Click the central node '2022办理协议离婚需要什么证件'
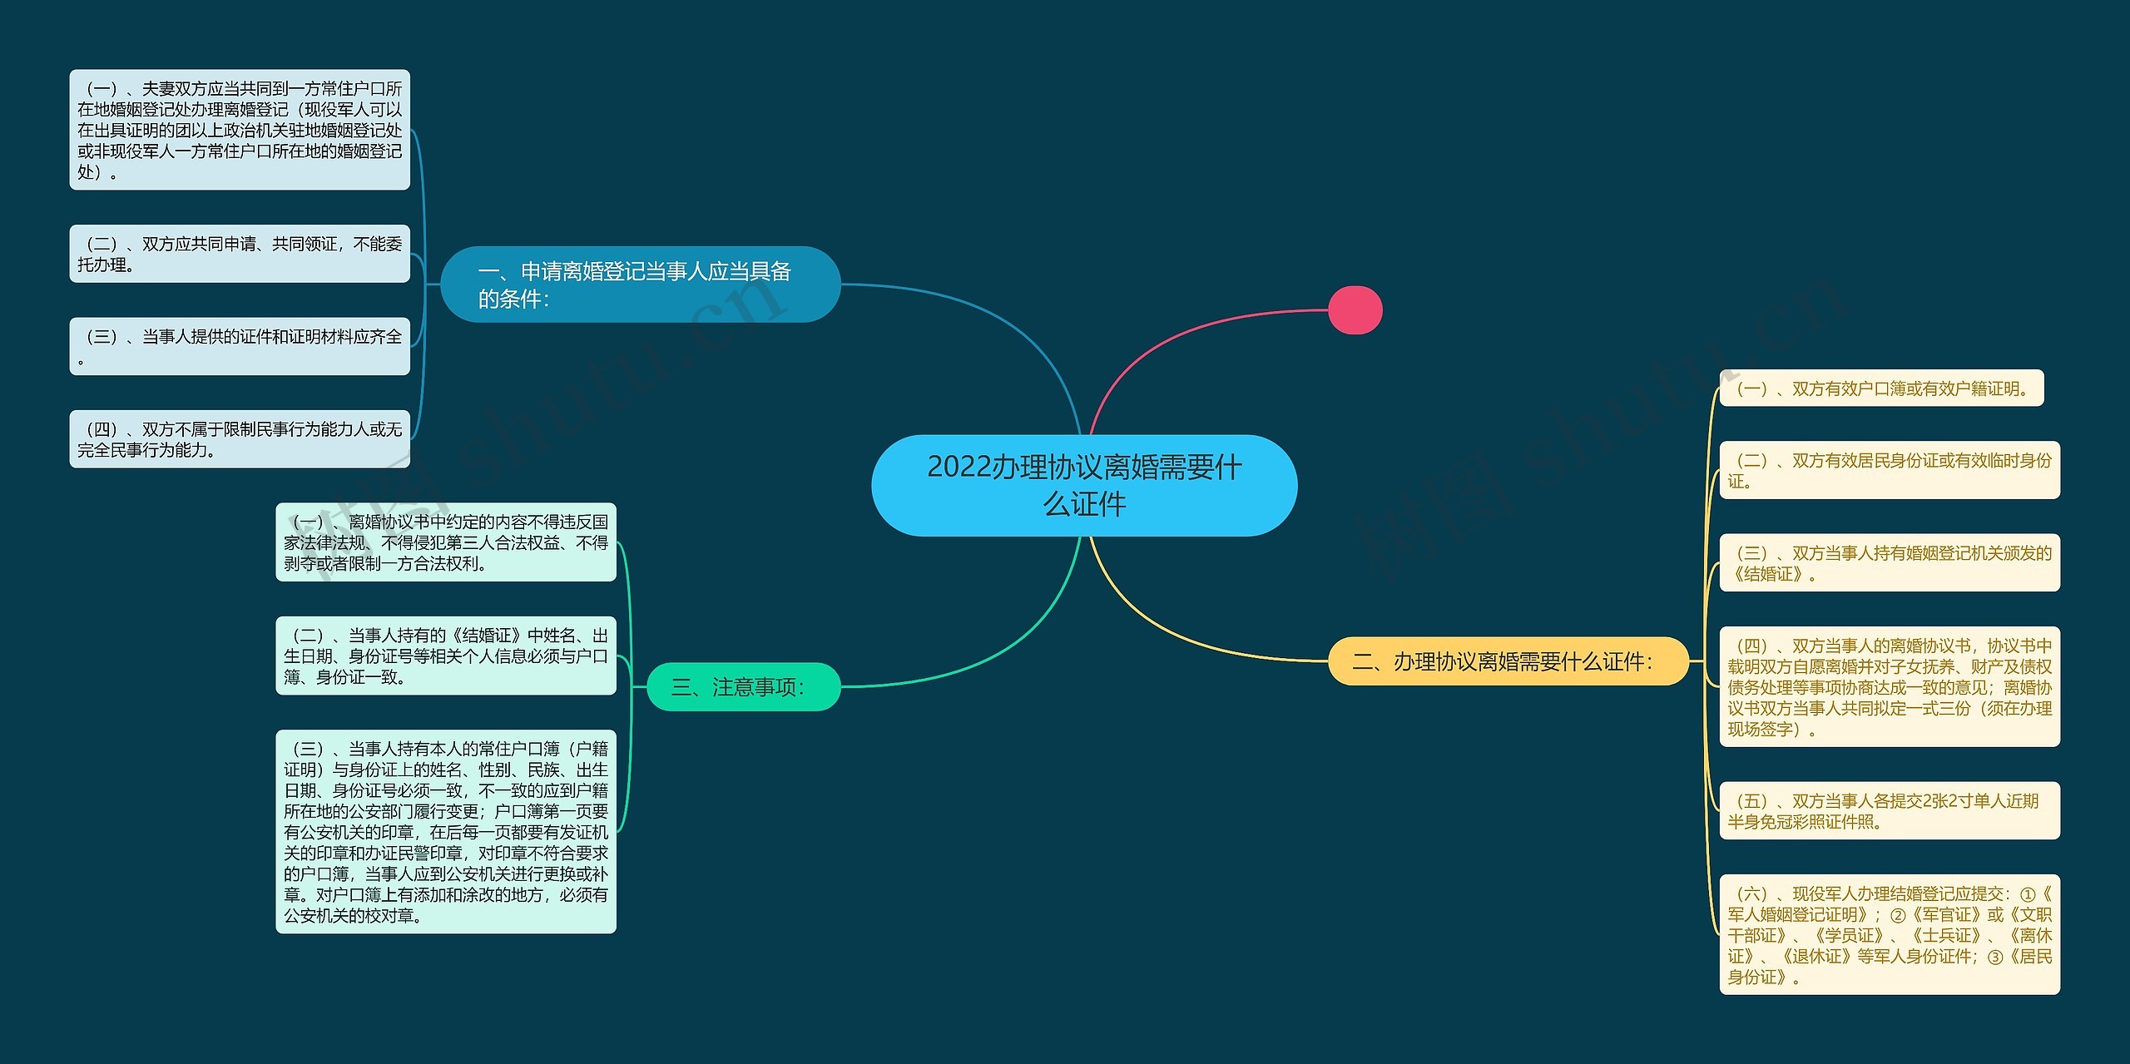1083,485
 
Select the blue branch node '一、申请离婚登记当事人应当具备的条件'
640,285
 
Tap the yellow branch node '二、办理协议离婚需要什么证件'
1507,661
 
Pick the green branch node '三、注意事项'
743,687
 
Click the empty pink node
1355,310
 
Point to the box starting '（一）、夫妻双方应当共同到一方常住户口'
240,130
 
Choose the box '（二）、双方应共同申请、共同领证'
240,254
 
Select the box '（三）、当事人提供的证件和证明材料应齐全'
240,346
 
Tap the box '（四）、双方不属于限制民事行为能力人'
240,439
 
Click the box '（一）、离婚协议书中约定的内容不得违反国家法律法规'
446,542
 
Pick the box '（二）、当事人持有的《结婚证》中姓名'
446,656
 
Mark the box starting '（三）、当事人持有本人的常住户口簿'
446,832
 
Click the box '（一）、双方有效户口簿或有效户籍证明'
1881,388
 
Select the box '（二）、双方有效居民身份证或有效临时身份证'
1890,470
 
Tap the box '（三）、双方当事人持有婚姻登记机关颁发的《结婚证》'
1890,563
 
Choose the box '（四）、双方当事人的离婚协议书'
1890,687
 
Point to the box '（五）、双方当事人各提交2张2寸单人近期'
1890,811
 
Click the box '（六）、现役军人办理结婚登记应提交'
1890,935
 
